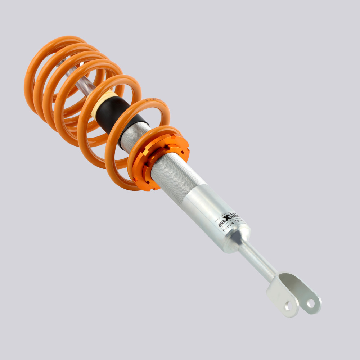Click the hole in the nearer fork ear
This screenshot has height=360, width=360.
coord(289,306)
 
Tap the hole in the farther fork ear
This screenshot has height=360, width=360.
coord(310,303)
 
